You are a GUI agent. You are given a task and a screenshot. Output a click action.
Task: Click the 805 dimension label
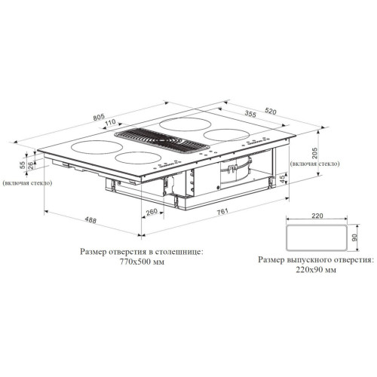click(x=99, y=117)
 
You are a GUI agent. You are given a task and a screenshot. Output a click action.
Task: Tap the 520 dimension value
click(x=270, y=111)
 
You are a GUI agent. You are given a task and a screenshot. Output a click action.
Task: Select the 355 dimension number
click(x=250, y=114)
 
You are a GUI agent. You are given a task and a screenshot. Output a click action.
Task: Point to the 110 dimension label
click(x=110, y=122)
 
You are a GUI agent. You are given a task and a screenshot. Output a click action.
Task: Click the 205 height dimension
click(x=314, y=153)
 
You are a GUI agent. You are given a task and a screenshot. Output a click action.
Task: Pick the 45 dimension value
click(x=283, y=179)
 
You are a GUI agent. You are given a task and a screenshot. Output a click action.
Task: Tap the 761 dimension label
click(x=222, y=211)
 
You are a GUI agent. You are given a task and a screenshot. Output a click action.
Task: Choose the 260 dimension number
click(x=152, y=212)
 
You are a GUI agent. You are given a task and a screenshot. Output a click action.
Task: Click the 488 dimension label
click(x=90, y=220)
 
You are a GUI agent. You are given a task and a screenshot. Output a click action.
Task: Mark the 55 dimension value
click(x=23, y=165)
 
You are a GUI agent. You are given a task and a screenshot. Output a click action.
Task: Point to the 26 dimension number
click(x=30, y=165)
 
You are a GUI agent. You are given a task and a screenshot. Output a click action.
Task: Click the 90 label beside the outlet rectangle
click(x=354, y=238)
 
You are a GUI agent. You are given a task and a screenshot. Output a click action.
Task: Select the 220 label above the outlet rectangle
click(x=317, y=216)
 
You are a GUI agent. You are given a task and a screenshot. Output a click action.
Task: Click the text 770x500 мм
click(x=142, y=262)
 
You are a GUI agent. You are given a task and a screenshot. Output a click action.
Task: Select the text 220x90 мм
click(x=316, y=270)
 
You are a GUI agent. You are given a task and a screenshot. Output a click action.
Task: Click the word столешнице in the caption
click(x=178, y=252)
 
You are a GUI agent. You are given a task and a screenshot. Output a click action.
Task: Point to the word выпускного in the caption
click(x=305, y=260)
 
